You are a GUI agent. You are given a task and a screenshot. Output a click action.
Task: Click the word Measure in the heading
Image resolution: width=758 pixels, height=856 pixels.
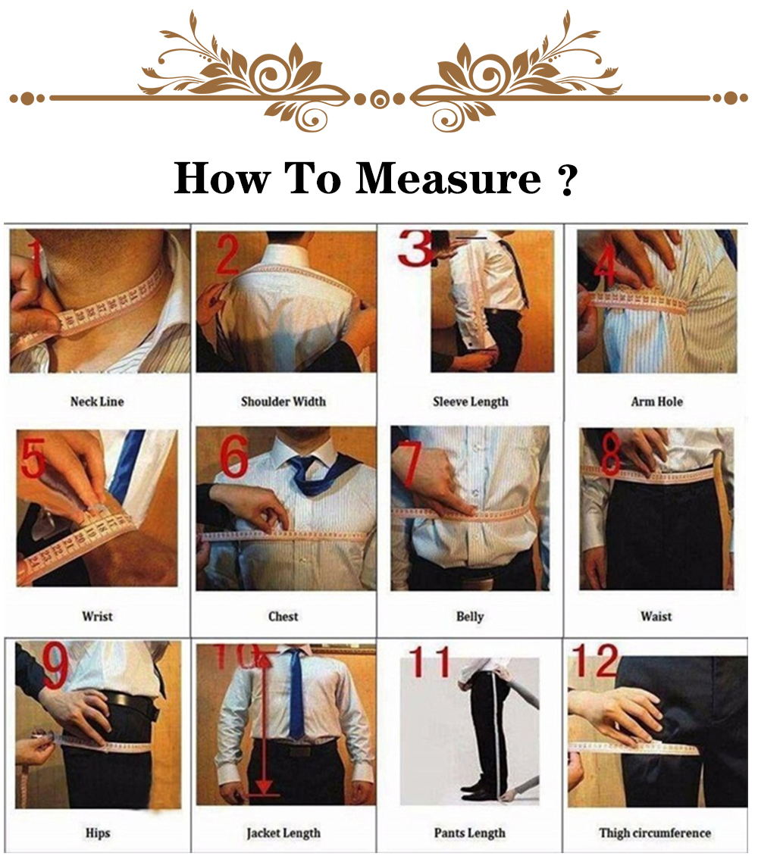coord(448,179)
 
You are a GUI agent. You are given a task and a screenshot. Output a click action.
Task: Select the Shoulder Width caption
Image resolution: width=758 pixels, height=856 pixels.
coord(283,401)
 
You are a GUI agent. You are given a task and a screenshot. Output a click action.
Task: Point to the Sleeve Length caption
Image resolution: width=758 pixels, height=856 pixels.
coord(471,401)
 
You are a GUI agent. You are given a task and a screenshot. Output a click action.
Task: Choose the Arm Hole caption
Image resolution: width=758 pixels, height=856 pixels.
coord(656,401)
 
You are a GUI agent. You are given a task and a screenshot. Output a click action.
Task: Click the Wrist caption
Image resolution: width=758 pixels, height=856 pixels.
coord(97,617)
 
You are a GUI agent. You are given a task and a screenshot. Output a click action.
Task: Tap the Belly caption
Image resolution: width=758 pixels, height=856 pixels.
coord(470,617)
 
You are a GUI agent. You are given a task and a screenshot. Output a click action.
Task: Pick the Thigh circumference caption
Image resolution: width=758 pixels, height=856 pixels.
coord(655,833)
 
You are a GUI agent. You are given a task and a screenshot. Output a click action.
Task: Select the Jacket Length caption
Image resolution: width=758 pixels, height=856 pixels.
coord(283,833)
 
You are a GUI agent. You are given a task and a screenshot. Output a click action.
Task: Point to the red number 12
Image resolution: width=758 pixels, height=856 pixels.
coord(596,661)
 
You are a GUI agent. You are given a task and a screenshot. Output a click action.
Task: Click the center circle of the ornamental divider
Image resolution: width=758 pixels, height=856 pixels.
coord(379,98)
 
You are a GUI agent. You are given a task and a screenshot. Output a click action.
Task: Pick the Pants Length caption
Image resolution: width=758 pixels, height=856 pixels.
coord(470,833)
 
